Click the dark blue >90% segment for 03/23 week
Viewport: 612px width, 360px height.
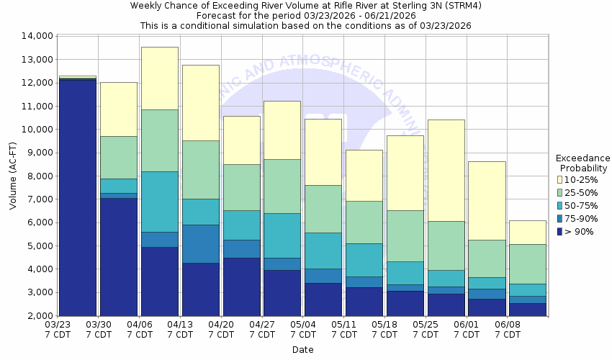coord(78,197)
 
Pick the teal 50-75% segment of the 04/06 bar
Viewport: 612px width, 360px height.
coord(160,202)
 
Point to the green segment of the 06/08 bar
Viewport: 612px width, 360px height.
coord(527,264)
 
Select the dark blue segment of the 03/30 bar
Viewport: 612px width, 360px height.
coord(119,256)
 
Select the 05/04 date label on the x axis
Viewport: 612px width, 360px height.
coord(303,330)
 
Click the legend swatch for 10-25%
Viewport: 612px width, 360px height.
coord(561,179)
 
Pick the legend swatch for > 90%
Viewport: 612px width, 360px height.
coord(561,231)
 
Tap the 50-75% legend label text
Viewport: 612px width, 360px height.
coord(580,205)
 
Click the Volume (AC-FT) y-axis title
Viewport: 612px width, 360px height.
coord(13,176)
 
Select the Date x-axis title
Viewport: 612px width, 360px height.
coord(303,350)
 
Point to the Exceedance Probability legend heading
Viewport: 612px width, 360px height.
coord(583,163)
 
